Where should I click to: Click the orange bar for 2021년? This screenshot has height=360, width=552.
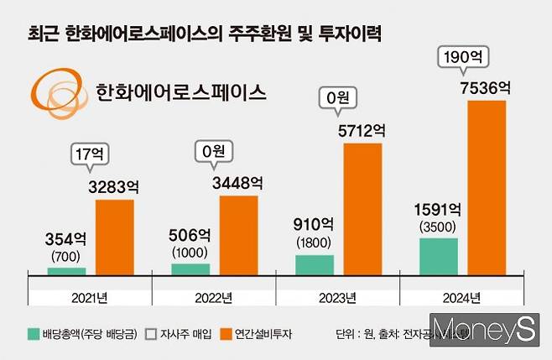[114, 237]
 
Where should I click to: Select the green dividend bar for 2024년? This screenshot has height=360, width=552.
[439, 257]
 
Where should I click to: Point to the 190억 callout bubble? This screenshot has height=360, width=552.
[464, 58]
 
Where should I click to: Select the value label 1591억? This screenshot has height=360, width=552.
[437, 208]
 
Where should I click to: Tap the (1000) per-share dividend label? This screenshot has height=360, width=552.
[190, 251]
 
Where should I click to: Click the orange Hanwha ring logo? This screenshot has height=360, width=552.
[57, 89]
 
